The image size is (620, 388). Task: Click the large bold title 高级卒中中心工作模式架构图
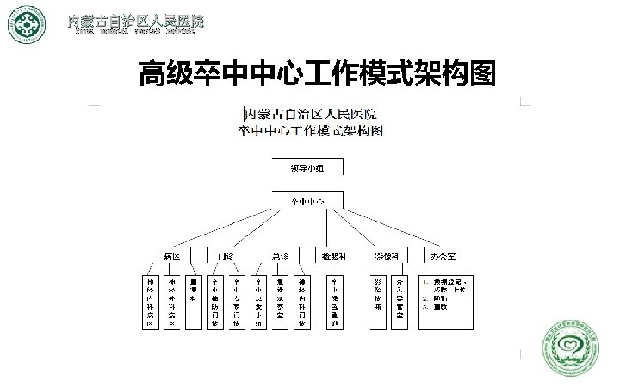(x=318, y=76)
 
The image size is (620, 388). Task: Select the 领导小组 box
(x=308, y=167)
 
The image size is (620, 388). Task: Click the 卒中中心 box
(x=308, y=202)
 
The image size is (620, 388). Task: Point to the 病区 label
(x=172, y=257)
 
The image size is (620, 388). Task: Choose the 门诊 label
(x=226, y=257)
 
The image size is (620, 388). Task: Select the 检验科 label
(x=334, y=257)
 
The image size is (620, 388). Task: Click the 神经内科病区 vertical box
(x=150, y=303)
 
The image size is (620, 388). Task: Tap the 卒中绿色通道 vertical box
(x=334, y=303)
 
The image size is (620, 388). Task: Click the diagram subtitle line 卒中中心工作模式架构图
(x=311, y=132)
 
